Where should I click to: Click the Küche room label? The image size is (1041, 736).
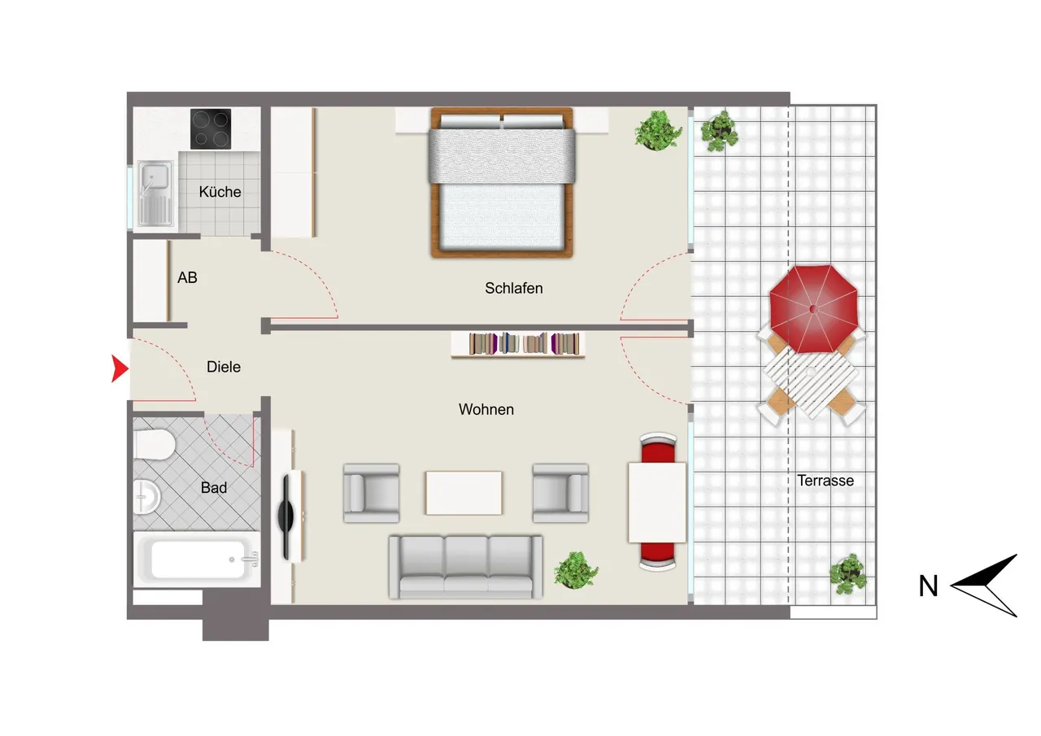coord(220,192)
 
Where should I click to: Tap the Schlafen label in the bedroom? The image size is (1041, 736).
coord(513,288)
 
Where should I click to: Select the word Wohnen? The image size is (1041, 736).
coord(486,409)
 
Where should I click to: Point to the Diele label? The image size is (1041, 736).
coord(224,367)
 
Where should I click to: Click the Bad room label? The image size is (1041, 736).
coord(214,487)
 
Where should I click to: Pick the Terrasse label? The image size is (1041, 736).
coord(825,481)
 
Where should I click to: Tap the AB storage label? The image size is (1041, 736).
coord(187,277)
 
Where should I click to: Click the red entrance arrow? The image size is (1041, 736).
coord(120,368)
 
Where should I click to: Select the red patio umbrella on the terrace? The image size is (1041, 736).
coord(813,309)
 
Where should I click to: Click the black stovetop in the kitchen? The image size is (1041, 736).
coord(211,128)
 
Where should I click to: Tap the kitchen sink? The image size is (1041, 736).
coord(155,194)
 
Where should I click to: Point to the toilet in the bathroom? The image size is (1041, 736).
coord(154,445)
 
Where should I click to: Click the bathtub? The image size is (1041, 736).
coord(197,560)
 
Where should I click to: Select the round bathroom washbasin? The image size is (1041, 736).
coord(146,497)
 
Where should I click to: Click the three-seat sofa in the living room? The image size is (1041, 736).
coord(466,567)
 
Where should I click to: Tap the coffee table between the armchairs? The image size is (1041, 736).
coord(464,493)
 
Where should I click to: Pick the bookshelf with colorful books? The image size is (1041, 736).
coord(518,344)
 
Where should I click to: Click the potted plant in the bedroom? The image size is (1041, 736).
coord(658,131)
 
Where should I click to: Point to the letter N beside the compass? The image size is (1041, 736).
coord(928,586)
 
